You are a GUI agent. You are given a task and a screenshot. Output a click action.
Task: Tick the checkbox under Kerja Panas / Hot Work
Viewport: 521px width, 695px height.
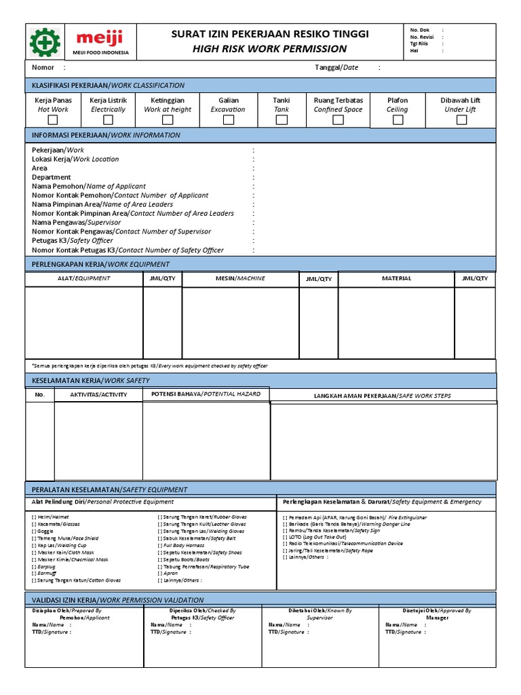53,120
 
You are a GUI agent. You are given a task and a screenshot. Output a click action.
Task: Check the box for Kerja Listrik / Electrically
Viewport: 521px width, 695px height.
108,120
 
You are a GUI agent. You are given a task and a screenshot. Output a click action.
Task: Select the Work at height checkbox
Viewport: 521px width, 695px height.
168,120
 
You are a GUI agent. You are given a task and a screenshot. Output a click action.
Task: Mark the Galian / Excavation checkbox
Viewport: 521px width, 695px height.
228,120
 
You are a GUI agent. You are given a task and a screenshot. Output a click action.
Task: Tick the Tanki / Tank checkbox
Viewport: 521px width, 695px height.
281,120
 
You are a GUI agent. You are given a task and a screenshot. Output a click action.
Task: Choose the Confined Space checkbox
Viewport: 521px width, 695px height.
338,120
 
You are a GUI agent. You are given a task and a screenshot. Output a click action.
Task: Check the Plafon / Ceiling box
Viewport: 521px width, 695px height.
398,120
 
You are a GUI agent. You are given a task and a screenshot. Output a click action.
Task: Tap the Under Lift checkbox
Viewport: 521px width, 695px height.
461,120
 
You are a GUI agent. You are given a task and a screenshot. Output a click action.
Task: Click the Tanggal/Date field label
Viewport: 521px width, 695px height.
336,67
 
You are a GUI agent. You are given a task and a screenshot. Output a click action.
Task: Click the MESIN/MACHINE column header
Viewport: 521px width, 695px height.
240,278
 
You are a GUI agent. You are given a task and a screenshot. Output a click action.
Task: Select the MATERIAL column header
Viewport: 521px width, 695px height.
396,278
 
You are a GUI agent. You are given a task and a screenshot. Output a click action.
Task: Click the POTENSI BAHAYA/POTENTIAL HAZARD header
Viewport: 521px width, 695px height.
206,394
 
